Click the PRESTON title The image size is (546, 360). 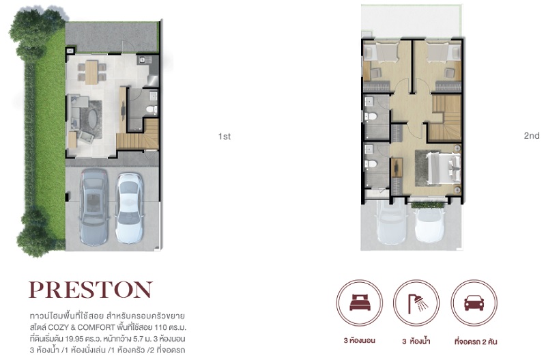[91, 290]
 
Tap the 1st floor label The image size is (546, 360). [225, 137]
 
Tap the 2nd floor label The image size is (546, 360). [532, 135]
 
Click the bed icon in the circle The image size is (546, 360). [360, 302]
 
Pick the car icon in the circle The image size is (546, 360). [474, 303]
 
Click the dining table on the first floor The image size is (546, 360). [92, 72]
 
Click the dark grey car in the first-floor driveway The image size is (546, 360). [94, 207]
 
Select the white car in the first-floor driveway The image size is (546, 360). [129, 208]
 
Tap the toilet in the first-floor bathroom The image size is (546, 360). [152, 109]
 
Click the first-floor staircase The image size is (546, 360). [139, 134]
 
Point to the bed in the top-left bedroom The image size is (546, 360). [382, 53]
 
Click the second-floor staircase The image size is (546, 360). [446, 117]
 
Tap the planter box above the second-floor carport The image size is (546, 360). [428, 204]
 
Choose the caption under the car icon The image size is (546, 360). [475, 342]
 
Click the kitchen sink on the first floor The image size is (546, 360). [142, 60]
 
